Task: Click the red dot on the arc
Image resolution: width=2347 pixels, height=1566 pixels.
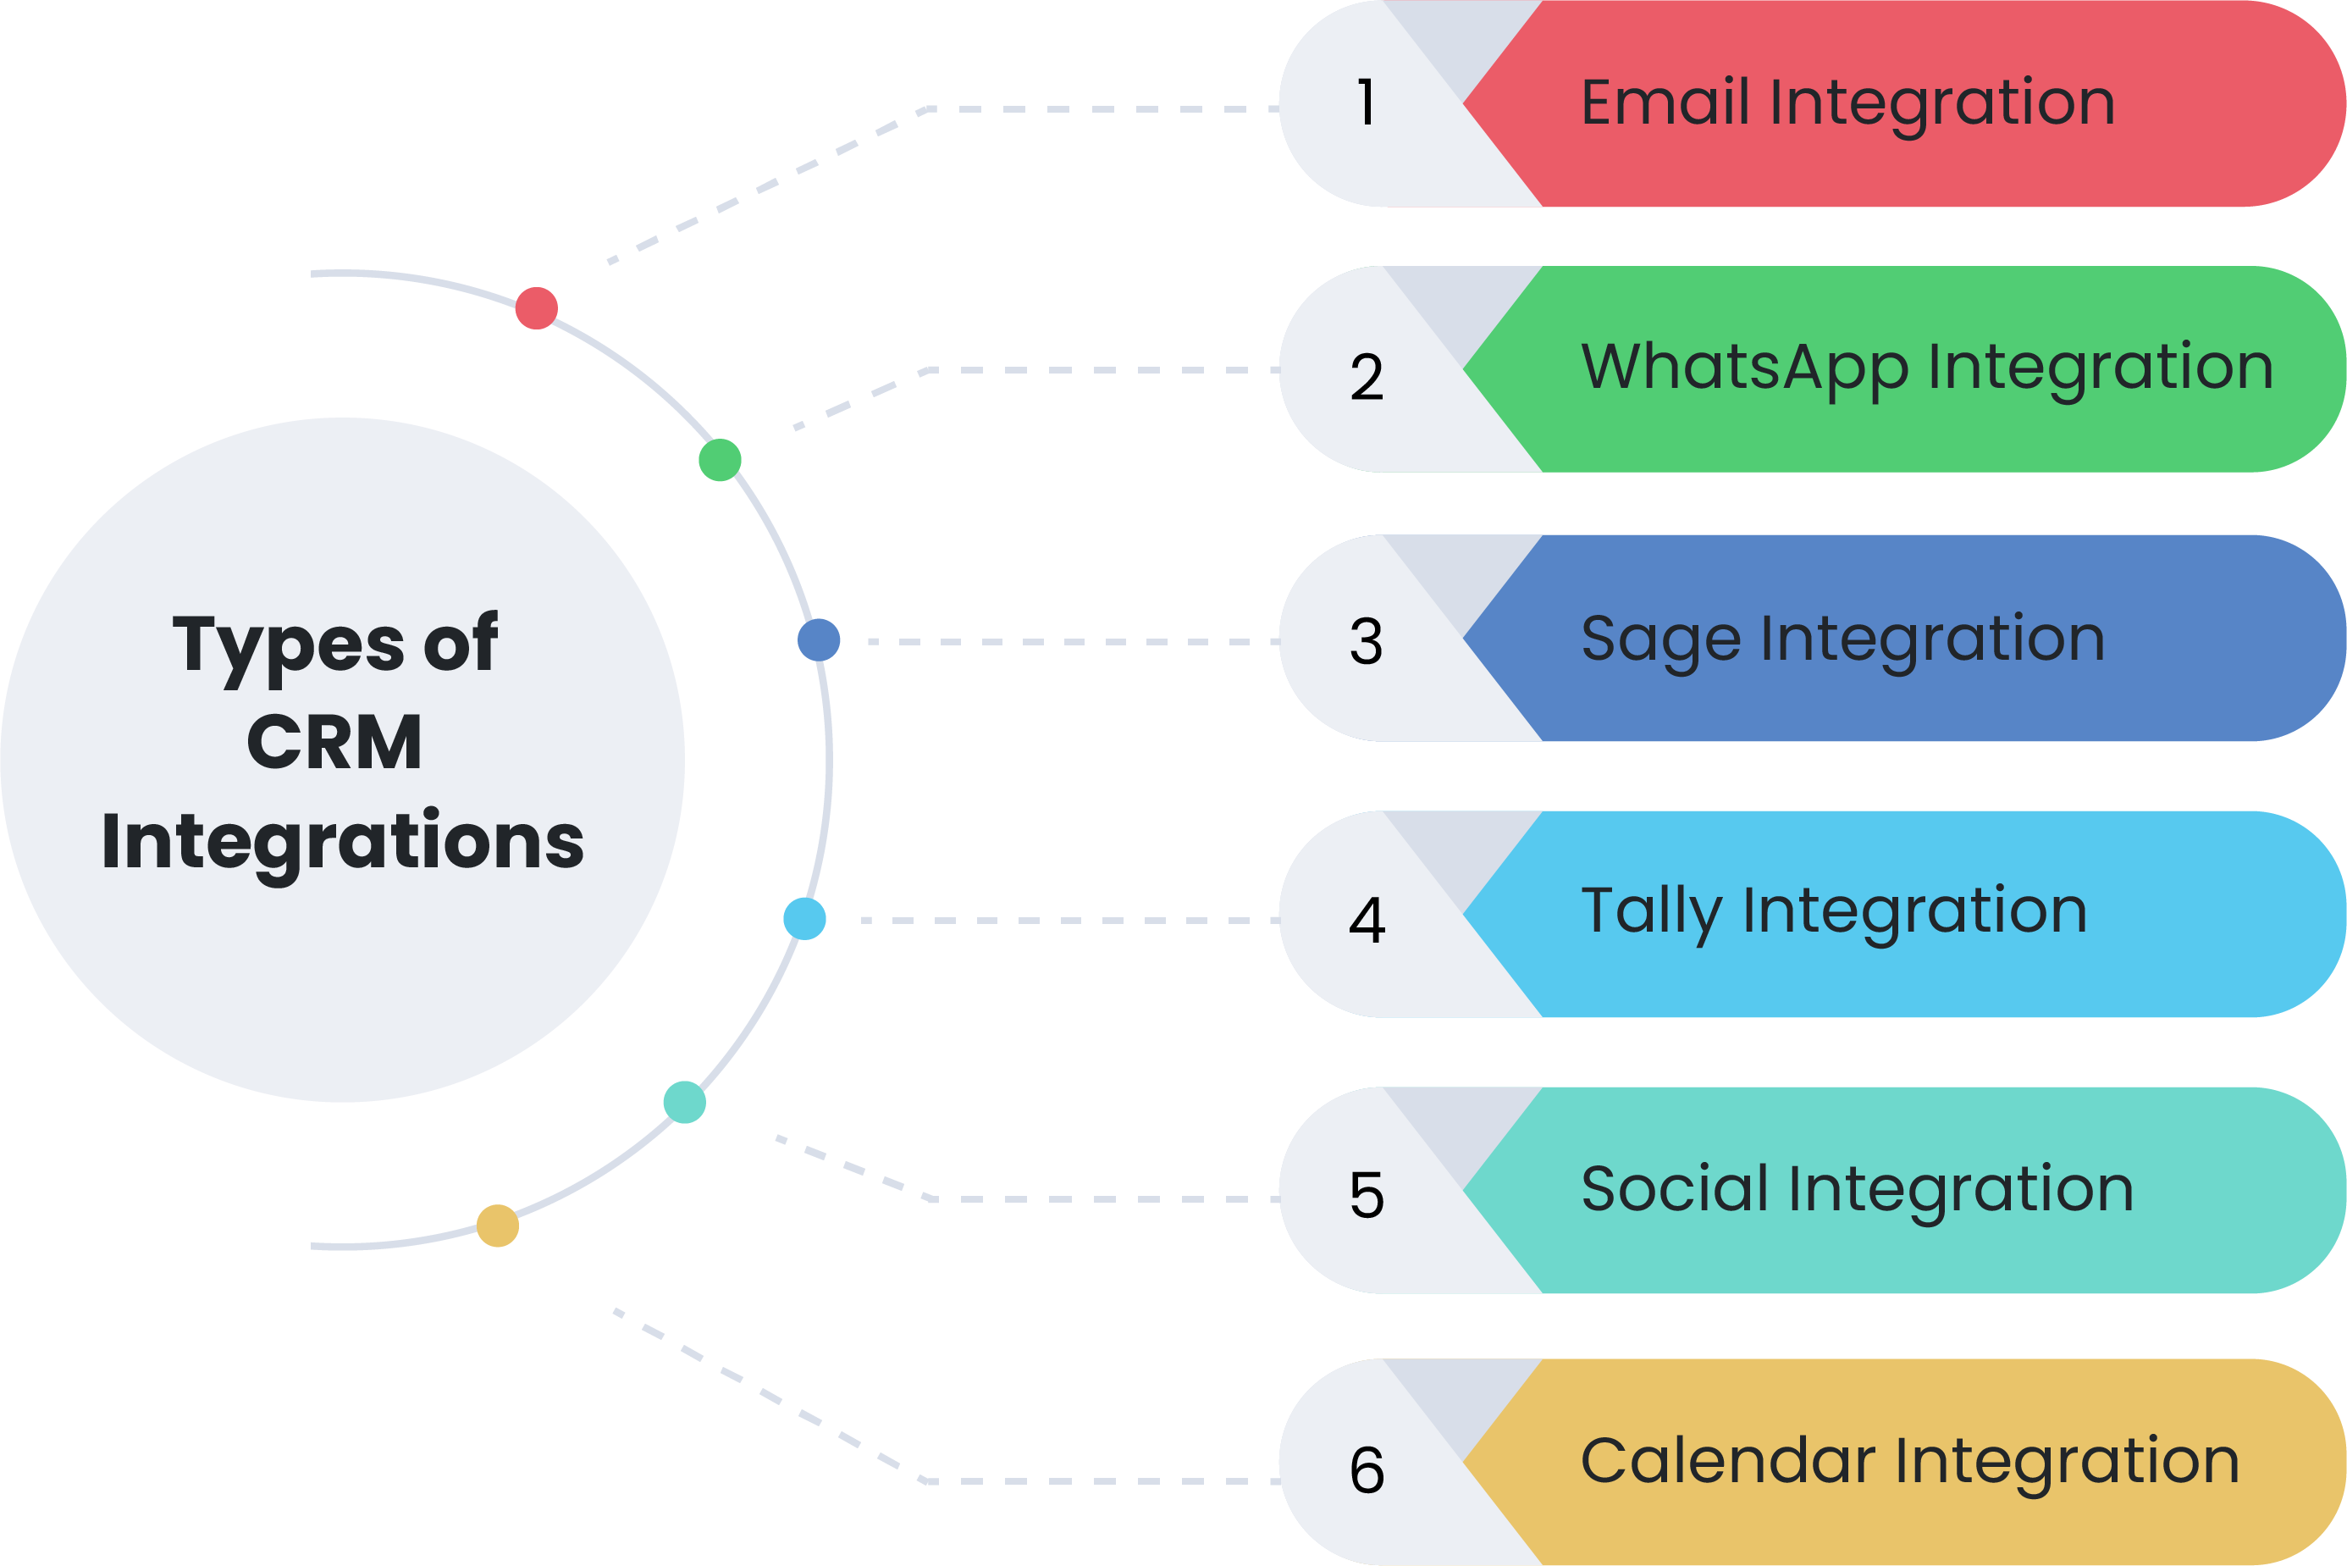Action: click(x=536, y=307)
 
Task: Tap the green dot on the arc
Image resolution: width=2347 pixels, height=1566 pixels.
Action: click(x=720, y=461)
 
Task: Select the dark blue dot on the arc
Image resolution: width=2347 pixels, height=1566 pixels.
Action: click(x=819, y=640)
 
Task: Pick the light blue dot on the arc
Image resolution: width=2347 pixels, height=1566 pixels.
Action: click(x=804, y=919)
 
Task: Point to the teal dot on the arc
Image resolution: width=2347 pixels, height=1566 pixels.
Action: click(x=685, y=1103)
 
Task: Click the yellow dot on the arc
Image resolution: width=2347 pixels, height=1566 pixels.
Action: click(x=498, y=1226)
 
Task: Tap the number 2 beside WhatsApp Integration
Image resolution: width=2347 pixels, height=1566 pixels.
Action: click(x=1367, y=378)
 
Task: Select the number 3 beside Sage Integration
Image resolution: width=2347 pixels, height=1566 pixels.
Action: click(x=1367, y=641)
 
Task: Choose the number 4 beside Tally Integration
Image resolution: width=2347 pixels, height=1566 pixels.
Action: click(x=1367, y=920)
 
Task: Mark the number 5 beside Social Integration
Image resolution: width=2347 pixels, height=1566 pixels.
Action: click(x=1367, y=1196)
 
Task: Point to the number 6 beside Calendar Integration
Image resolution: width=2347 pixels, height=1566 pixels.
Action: click(x=1367, y=1470)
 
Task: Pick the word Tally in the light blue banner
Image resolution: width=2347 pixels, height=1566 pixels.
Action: click(x=1652, y=913)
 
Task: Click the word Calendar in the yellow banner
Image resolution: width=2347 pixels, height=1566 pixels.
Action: click(x=1728, y=1461)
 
